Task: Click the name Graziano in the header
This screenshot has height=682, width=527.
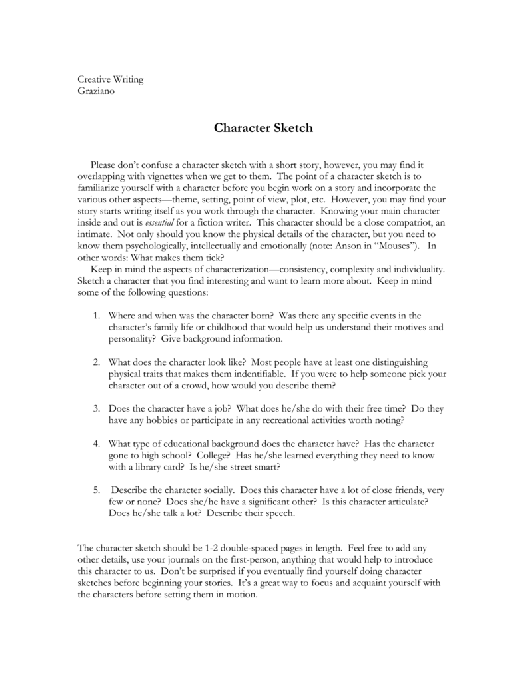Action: click(97, 91)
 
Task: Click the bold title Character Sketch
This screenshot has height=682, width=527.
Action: click(263, 127)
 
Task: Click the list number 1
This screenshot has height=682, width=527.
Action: click(97, 314)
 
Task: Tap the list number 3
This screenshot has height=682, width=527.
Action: click(97, 408)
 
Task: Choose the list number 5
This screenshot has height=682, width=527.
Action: click(97, 489)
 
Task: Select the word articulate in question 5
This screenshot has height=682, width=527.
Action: click(406, 502)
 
